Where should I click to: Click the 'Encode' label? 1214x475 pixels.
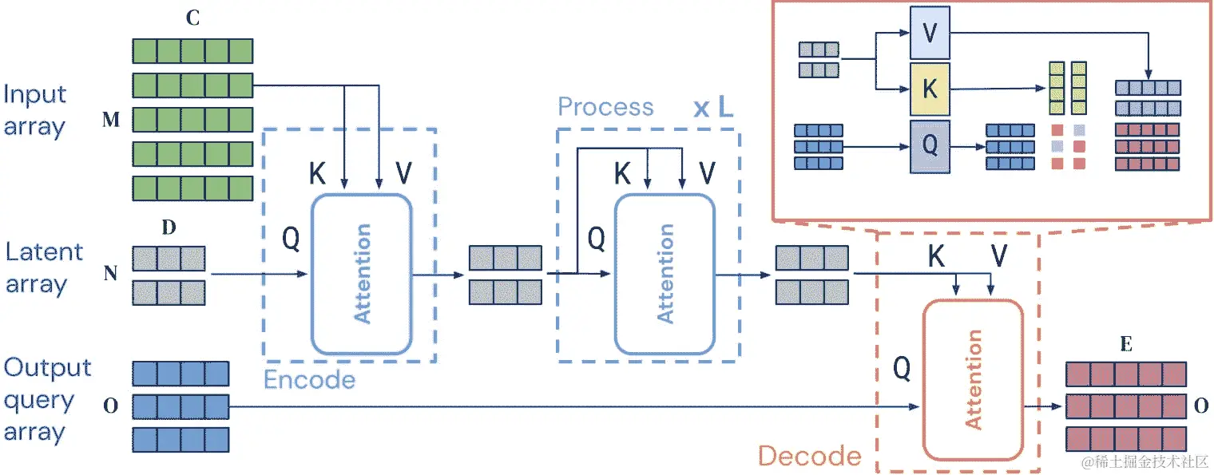click(x=309, y=379)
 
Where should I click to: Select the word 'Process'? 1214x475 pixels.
click(x=605, y=107)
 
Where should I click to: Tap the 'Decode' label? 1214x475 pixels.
click(x=809, y=456)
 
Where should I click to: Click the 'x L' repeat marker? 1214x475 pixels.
click(x=712, y=108)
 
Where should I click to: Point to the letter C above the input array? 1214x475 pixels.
click(x=192, y=20)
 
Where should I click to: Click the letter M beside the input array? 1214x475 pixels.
click(x=111, y=120)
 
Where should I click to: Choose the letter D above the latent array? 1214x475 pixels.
click(x=169, y=228)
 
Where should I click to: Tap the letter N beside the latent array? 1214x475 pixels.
click(x=111, y=274)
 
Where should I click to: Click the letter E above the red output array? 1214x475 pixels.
click(x=1126, y=345)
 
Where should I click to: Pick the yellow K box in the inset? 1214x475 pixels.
click(x=930, y=89)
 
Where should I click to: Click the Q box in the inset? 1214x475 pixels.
click(x=930, y=147)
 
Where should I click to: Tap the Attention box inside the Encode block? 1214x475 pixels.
click(x=361, y=274)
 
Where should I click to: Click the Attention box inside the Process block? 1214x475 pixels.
click(x=665, y=274)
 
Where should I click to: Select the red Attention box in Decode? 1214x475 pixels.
click(x=974, y=379)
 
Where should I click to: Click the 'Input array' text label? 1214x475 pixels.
click(x=34, y=110)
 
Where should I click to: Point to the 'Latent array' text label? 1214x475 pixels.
click(x=44, y=268)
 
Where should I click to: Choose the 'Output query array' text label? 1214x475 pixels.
click(x=47, y=400)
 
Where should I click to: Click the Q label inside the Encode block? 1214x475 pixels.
click(x=291, y=239)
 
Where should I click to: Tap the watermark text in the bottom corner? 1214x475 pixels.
click(x=1142, y=461)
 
